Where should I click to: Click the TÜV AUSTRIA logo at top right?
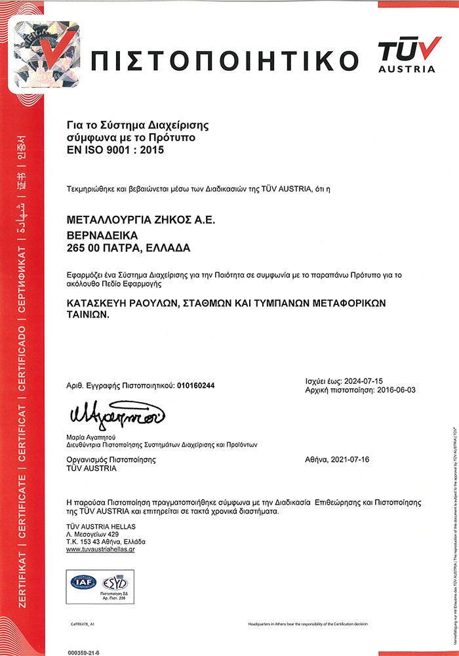point(406,55)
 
